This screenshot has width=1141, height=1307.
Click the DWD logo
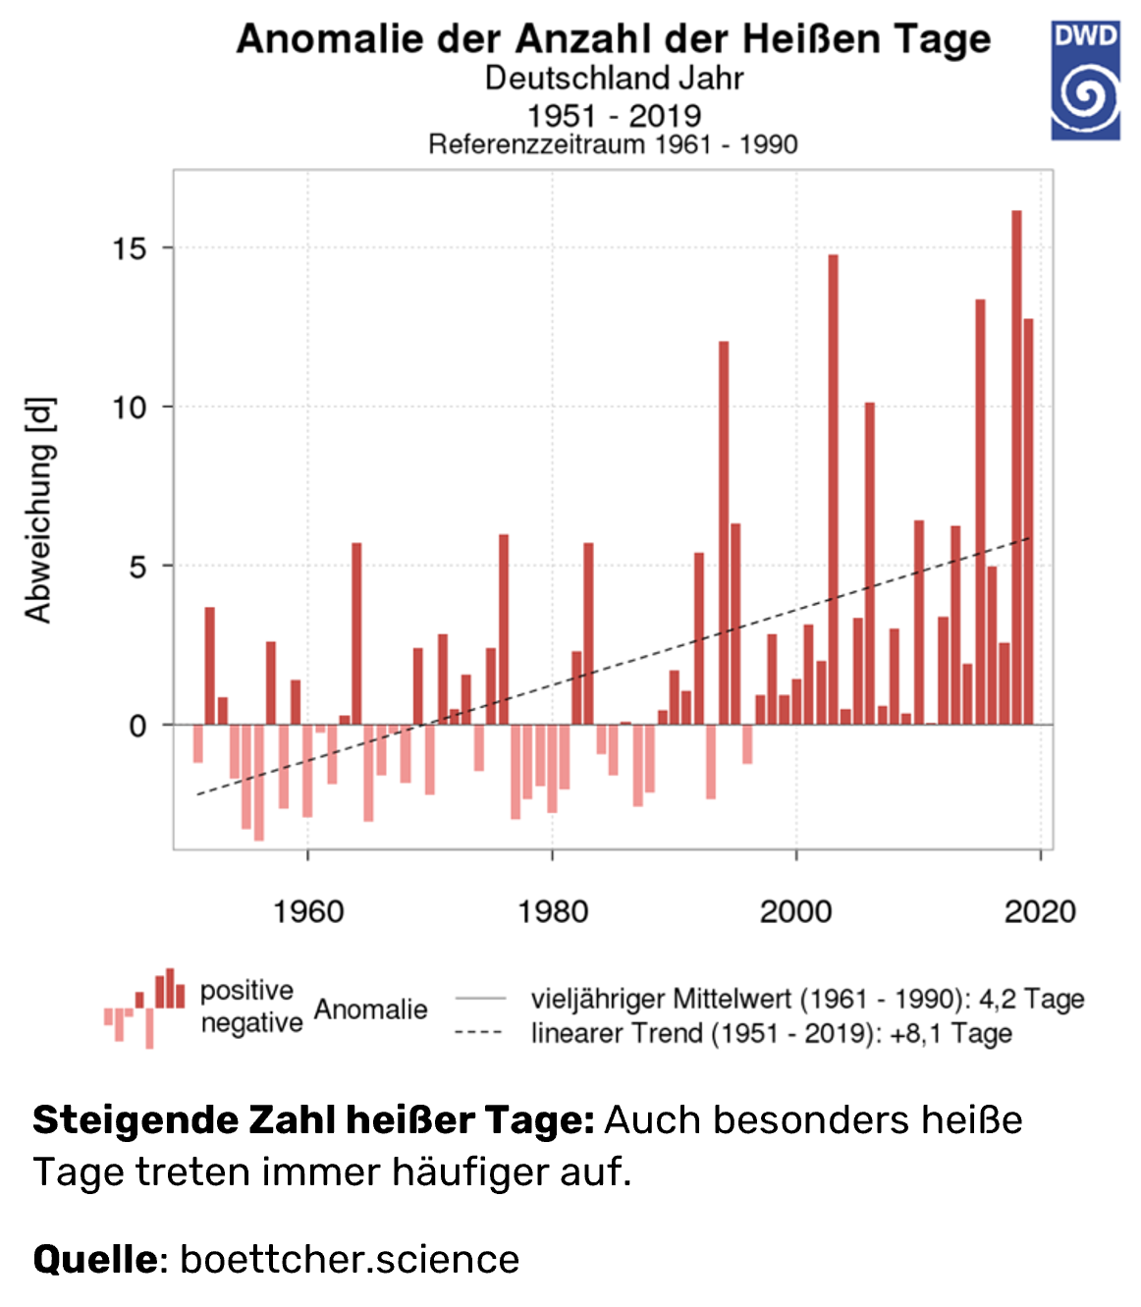(x=1085, y=81)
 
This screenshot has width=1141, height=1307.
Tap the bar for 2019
(x=1028, y=520)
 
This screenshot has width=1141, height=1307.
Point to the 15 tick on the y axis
(x=129, y=248)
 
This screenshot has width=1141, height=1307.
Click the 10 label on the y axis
(x=129, y=408)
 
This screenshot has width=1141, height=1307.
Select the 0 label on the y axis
(x=137, y=726)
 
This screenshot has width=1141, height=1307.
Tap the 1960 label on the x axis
(x=308, y=911)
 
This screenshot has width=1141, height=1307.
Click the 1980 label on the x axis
(x=553, y=911)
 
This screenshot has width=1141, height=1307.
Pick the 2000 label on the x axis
(x=795, y=911)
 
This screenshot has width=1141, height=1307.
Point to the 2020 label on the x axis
(x=1040, y=911)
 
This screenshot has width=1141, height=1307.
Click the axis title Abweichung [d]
(x=38, y=510)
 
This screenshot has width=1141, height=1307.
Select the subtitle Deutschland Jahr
(x=614, y=79)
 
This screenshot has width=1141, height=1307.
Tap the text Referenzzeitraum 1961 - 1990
(x=613, y=144)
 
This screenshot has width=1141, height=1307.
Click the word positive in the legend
(x=246, y=990)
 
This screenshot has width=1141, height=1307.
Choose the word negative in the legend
(x=251, y=1022)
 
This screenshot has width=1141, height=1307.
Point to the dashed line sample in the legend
(x=479, y=1033)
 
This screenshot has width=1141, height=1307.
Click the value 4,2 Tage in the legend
(x=1031, y=999)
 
